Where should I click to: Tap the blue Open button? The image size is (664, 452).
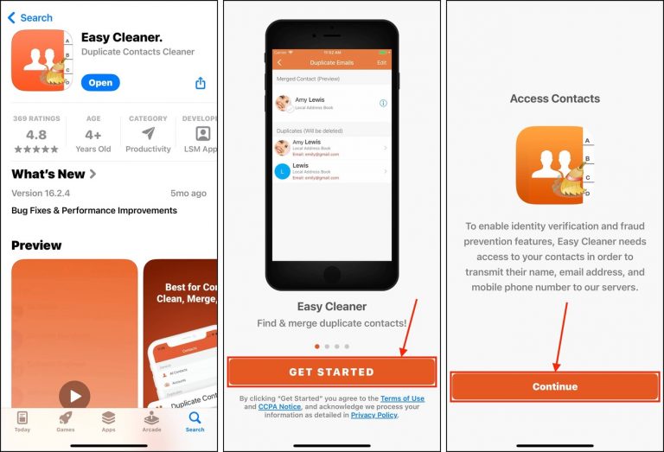coord(100,83)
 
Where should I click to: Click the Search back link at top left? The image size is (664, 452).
coord(30,17)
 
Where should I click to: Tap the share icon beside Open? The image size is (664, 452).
coord(200,83)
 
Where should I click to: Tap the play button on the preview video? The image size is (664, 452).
coord(74,397)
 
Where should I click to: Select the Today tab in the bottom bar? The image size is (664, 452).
coord(22,422)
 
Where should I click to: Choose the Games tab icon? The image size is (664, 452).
coord(66,422)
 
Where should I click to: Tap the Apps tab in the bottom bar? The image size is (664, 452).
coord(108,422)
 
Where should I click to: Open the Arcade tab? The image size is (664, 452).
coord(151,422)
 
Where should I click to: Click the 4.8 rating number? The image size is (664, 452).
coord(36,135)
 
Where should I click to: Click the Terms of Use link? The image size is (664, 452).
coord(402,398)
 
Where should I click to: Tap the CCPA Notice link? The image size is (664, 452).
coord(279,406)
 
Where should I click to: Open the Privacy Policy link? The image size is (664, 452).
coord(373,415)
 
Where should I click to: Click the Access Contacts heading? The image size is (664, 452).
coord(554,99)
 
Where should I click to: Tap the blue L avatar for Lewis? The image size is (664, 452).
coord(282,171)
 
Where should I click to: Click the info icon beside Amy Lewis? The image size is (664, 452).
coord(383,103)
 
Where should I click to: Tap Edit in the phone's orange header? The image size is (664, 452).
coord(382,63)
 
